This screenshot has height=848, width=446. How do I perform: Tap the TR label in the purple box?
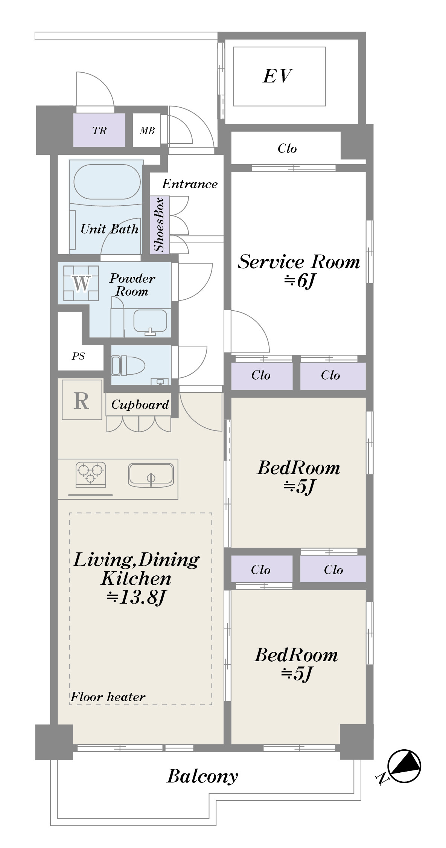coord(99,131)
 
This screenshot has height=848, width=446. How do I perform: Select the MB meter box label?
coord(147,130)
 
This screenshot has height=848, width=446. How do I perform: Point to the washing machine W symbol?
coord(81,283)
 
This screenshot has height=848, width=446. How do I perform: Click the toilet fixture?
coord(128,366)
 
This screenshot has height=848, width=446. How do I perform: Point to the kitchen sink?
coord(151,474)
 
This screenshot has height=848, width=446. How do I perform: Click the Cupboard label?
coord(140,404)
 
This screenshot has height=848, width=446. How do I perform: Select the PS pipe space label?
coord(78,356)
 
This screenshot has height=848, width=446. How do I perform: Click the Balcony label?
coord(202,776)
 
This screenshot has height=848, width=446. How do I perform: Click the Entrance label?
coord(190,184)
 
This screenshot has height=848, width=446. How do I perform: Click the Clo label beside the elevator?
coord(287,148)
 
